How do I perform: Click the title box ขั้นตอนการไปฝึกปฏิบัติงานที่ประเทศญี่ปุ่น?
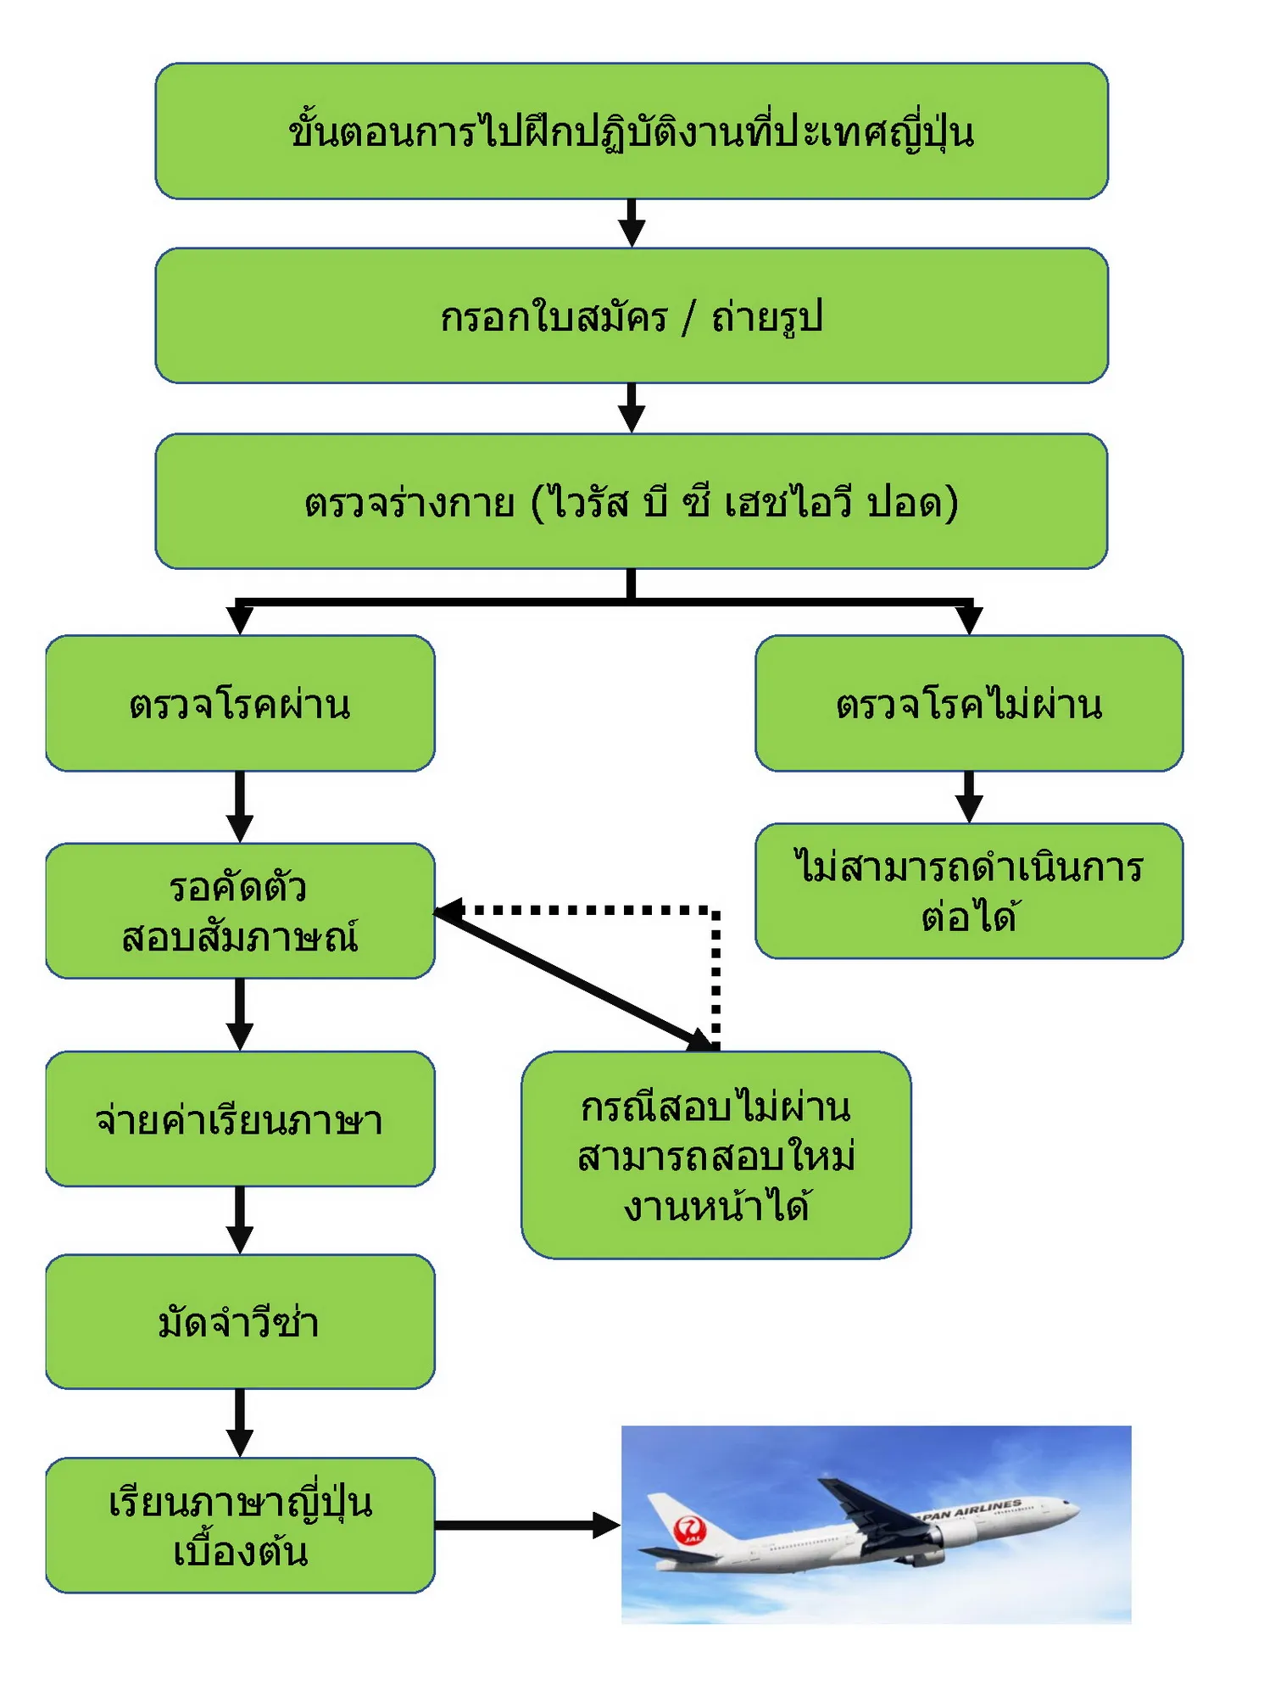click(x=632, y=131)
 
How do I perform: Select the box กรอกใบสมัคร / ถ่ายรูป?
click(x=632, y=315)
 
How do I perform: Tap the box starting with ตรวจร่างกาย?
click(x=632, y=501)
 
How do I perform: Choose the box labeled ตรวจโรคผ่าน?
click(x=240, y=703)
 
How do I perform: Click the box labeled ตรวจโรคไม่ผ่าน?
click(x=969, y=703)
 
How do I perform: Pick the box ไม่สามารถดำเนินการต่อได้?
click(x=969, y=890)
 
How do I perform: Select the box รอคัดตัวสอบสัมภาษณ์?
click(x=240, y=911)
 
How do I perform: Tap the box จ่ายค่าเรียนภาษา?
click(x=240, y=1119)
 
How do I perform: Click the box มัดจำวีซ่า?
click(x=240, y=1321)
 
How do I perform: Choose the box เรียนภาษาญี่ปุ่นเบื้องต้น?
click(x=240, y=1525)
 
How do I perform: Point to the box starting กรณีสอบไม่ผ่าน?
click(x=716, y=1155)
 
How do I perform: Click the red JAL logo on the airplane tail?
click(x=689, y=1530)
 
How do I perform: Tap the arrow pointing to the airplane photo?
click(x=527, y=1526)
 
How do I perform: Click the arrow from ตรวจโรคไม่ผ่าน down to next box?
click(x=969, y=797)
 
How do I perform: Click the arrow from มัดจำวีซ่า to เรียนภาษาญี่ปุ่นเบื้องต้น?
click(x=240, y=1423)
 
